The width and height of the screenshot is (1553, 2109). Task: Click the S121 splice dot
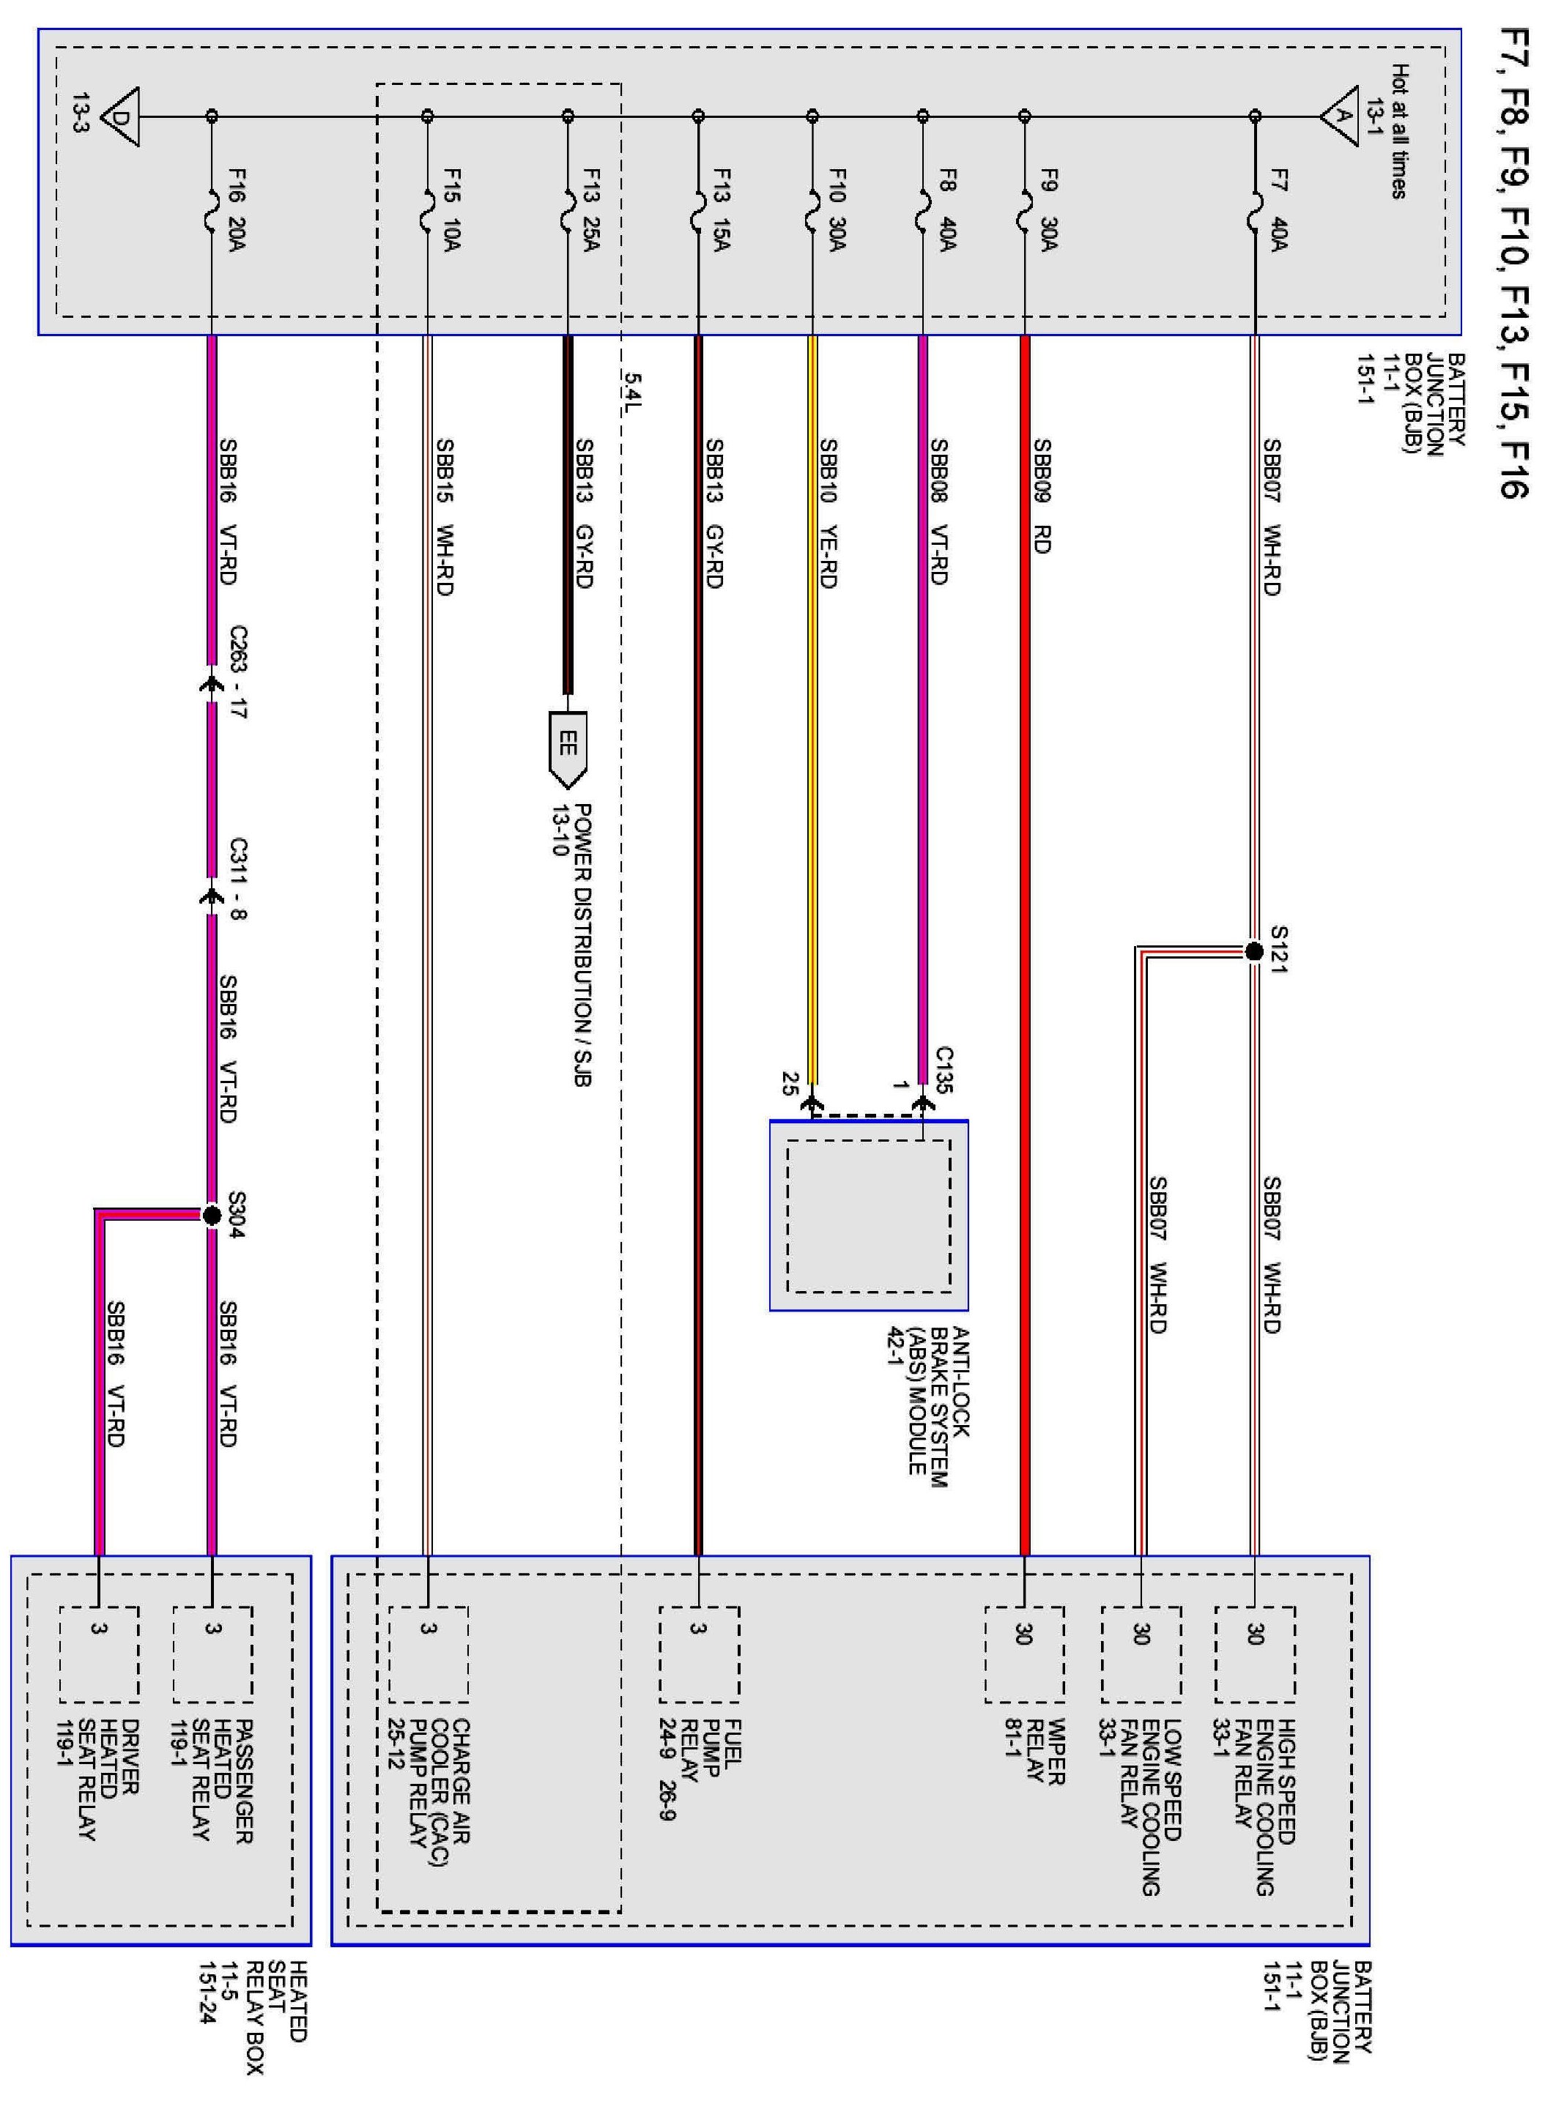pos(1253,951)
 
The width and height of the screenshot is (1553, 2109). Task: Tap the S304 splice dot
pos(212,1215)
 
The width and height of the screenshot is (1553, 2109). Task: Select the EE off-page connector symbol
pos(567,748)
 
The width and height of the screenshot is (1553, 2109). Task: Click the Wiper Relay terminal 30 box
pos(1025,1654)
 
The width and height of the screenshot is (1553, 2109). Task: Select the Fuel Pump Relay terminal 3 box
pos(698,1654)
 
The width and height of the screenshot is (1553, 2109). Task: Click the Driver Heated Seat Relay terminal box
pos(99,1654)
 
